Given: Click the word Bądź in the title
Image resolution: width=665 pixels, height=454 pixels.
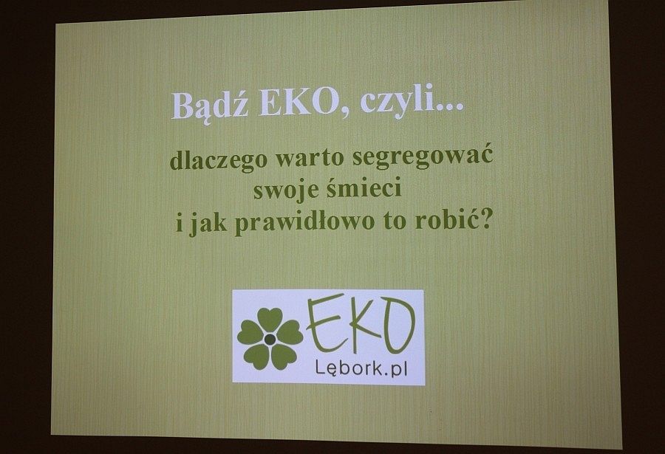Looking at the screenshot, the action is (x=210, y=105).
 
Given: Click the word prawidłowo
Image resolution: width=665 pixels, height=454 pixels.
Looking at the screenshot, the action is (x=304, y=222).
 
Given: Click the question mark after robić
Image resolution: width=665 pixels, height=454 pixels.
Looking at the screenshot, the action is (x=485, y=219).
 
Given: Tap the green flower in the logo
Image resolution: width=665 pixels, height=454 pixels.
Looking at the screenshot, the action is (x=270, y=339).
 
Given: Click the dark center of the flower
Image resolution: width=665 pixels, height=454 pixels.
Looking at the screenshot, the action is (x=270, y=339).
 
